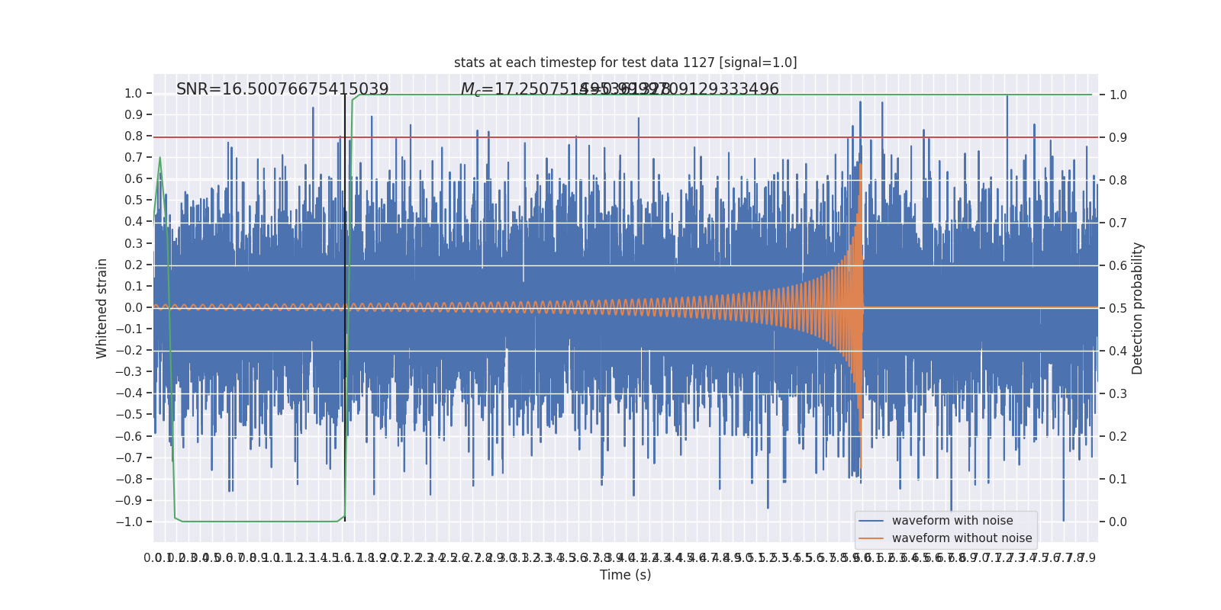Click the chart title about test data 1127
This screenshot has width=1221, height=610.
pos(625,63)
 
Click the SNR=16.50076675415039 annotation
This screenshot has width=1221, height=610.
pos(282,89)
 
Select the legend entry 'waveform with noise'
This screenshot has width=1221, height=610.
pos(952,521)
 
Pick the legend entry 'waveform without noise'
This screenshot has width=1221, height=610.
pos(962,538)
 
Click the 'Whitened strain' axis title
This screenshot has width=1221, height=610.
pos(102,308)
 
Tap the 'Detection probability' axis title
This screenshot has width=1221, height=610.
pos(1138,308)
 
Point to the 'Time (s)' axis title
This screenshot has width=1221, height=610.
pos(625,575)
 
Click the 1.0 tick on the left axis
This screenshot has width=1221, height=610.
pos(133,94)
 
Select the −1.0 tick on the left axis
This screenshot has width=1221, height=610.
pos(129,522)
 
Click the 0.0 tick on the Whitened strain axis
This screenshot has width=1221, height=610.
pos(133,308)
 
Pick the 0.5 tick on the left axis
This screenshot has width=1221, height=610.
pos(133,201)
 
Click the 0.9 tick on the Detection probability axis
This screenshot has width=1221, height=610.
pos(1118,137)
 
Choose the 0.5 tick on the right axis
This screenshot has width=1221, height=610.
pos(1118,308)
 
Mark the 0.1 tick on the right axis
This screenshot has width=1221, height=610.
pos(1118,479)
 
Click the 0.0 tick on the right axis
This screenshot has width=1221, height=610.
pos(1118,522)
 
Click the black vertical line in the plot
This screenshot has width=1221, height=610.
pos(345,305)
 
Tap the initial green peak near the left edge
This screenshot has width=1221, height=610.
pos(159,158)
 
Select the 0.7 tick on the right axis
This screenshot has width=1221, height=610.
pos(1118,223)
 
